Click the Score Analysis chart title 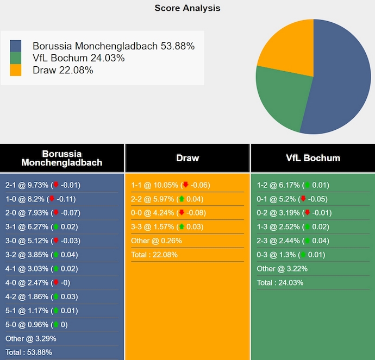pos(187,8)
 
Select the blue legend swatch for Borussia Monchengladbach pos(16,46)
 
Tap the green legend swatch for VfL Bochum pos(16,58)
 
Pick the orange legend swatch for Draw pos(16,70)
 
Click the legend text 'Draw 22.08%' pos(63,70)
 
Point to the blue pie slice pos(342,81)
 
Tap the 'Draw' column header pos(187,158)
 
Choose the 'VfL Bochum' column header pos(313,158)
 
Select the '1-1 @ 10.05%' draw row pos(171,185)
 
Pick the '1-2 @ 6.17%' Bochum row pos(293,185)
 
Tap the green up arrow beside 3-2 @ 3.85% pos(56,255)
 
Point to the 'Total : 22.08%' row pos(155,255)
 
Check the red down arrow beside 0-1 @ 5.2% pos(303,199)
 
